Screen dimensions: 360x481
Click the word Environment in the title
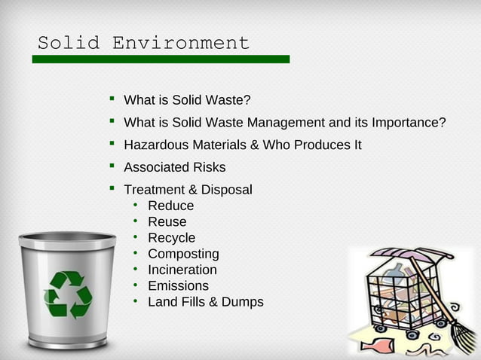(x=181, y=43)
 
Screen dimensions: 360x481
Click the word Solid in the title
(x=69, y=43)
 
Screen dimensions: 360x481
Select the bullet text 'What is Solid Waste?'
(x=187, y=100)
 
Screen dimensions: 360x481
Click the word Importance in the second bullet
(x=406, y=123)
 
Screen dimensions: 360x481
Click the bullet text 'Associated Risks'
(x=174, y=167)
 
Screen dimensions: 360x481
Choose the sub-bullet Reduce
(x=170, y=206)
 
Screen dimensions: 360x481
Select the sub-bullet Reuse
(x=167, y=222)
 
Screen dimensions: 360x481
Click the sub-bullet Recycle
(x=171, y=238)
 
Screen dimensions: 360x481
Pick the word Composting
(x=183, y=254)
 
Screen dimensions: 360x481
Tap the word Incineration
(x=182, y=270)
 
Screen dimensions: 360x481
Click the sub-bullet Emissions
(x=178, y=286)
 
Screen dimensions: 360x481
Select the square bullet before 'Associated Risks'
(x=112, y=166)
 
